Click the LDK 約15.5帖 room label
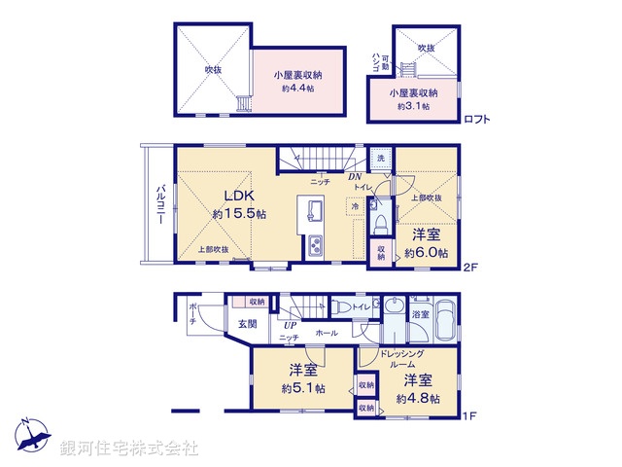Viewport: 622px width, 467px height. [233, 203]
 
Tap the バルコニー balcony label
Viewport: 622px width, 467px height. [159, 206]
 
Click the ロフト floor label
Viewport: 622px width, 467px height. [476, 120]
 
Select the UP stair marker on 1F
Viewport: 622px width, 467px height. [290, 325]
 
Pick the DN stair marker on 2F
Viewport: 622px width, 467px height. [357, 177]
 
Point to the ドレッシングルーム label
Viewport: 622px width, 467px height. [400, 358]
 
